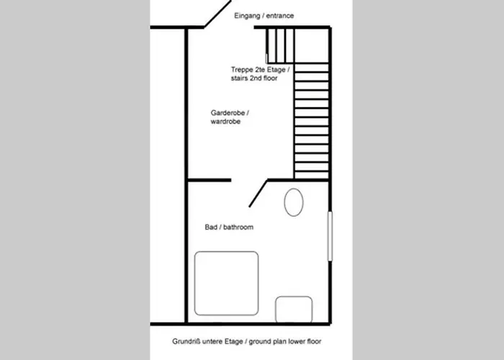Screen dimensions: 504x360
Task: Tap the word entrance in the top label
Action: coord(280,16)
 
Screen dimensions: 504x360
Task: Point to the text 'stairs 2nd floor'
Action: coord(254,78)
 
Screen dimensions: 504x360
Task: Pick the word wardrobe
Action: coord(225,122)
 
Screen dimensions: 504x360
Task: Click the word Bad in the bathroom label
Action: coord(211,227)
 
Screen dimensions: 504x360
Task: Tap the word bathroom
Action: coord(238,227)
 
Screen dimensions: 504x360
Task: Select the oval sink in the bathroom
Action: coord(294,202)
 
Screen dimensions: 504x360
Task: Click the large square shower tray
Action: coord(226,283)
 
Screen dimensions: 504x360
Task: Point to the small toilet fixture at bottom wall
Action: coord(294,310)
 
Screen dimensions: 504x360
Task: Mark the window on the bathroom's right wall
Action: coord(330,236)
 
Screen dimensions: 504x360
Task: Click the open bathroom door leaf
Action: coord(258,194)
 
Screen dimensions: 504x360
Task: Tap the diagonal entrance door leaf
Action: coord(217,14)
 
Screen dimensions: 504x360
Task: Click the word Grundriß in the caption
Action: coord(186,341)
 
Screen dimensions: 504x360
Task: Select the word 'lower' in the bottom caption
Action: coord(297,341)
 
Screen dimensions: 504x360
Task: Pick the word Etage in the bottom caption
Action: coord(234,341)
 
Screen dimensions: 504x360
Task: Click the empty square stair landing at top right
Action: coord(311,45)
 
